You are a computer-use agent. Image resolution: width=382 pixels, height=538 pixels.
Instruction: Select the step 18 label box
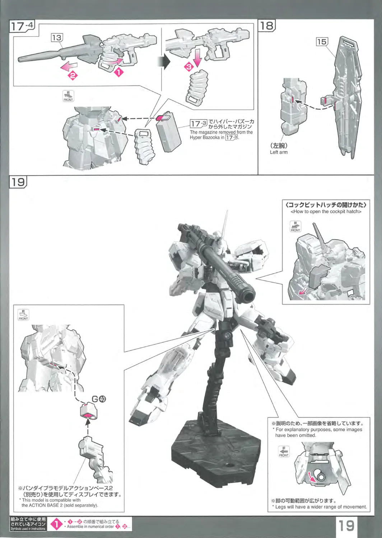267,25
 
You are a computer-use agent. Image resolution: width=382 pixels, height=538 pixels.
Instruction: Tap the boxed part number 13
57,37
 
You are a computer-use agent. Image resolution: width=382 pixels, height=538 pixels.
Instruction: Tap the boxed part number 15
322,42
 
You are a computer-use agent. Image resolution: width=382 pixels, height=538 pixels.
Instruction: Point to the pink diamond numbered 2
73,76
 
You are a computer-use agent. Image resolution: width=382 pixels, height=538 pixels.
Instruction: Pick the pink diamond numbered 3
189,66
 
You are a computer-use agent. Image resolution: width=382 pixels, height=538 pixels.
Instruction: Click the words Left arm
279,152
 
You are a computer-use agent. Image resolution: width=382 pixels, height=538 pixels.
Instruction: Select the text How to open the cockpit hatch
326,212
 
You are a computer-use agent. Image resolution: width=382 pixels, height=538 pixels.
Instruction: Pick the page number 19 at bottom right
346,525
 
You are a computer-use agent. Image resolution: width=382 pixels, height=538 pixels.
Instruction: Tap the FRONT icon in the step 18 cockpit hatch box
295,226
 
